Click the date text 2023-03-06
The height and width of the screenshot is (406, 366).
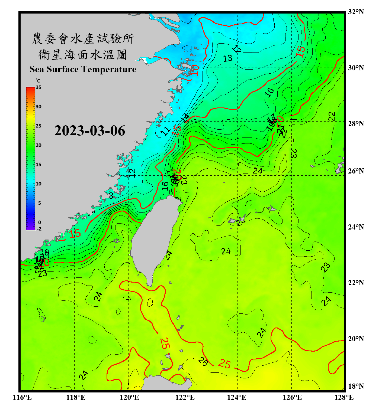(x=89, y=131)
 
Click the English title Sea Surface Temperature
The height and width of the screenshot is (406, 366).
(x=83, y=69)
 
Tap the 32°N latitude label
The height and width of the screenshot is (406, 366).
(x=356, y=12)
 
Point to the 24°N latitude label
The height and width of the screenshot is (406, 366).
(x=356, y=227)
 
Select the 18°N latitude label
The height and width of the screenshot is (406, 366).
(x=356, y=386)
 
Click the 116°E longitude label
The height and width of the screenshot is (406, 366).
(x=22, y=397)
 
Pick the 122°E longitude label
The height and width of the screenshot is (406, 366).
(x=185, y=397)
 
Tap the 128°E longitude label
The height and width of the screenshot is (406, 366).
(x=344, y=397)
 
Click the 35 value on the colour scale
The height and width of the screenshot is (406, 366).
(x=38, y=87)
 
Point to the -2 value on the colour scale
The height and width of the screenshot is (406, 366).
(x=39, y=229)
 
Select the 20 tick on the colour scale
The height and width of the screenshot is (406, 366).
(x=38, y=145)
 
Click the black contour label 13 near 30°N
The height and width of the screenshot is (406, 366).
(x=227, y=58)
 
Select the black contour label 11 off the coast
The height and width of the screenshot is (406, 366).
(x=166, y=131)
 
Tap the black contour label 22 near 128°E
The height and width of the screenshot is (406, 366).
(x=332, y=116)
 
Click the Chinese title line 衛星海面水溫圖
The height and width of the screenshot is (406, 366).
(x=83, y=55)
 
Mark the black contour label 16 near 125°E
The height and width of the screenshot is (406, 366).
(x=269, y=92)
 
